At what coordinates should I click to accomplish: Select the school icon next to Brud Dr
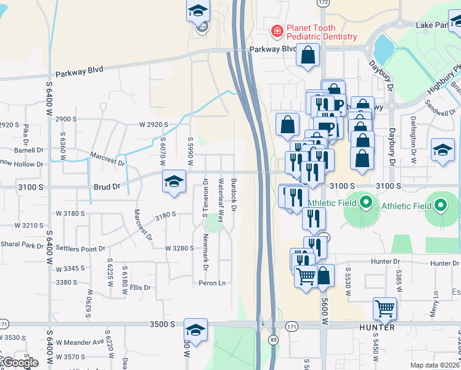click(174, 181)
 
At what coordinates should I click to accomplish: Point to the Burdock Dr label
click(234, 195)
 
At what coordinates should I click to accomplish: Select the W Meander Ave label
click(80, 342)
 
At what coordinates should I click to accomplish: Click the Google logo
click(20, 363)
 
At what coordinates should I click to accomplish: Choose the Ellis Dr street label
click(140, 287)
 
